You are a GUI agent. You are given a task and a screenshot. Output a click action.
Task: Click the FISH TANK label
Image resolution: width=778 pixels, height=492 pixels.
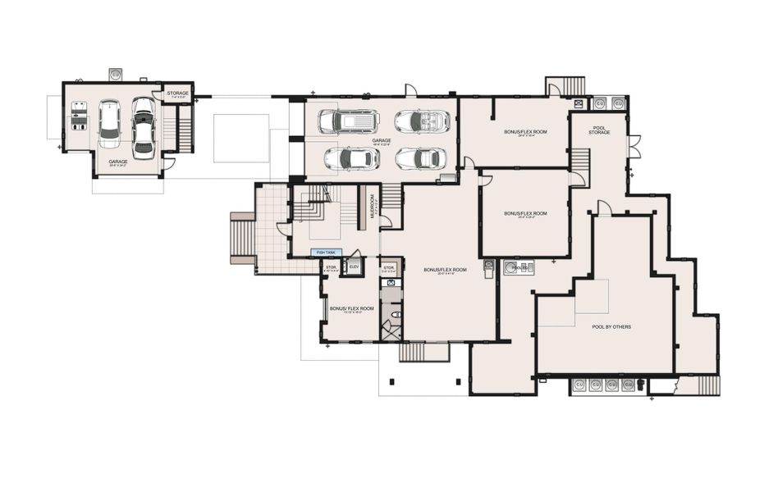click(x=327, y=253)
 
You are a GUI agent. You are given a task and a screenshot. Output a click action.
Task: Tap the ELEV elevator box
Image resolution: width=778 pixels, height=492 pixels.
click(x=355, y=268)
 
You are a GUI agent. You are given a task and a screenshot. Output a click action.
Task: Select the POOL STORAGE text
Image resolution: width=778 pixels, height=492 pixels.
click(x=599, y=130)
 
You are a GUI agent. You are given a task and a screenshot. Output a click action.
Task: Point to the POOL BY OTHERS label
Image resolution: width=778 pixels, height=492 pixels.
click(x=611, y=326)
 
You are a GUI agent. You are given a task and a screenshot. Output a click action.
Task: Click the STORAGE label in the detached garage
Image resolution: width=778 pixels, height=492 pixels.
click(x=177, y=93)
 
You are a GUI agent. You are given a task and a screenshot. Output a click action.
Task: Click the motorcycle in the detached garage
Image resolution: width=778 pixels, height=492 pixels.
click(x=80, y=116)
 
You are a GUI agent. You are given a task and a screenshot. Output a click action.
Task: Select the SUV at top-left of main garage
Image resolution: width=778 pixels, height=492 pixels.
click(x=349, y=121)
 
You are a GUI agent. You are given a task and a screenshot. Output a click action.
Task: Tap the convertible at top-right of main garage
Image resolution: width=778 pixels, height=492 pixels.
click(x=422, y=121)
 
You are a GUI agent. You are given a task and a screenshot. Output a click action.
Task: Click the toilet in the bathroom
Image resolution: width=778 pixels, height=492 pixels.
click(x=396, y=314)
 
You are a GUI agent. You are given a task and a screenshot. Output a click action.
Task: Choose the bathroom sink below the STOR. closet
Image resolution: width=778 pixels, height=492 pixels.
click(x=391, y=283)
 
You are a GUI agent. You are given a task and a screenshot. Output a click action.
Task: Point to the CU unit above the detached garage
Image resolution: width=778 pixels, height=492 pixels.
click(x=116, y=74)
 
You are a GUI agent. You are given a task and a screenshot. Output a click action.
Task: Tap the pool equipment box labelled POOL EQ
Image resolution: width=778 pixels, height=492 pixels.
click(x=518, y=266)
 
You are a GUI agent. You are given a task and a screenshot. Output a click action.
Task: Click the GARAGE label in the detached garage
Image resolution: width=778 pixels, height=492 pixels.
click(x=117, y=162)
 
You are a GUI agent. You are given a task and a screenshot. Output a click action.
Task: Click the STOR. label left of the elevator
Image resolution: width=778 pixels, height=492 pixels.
click(x=331, y=268)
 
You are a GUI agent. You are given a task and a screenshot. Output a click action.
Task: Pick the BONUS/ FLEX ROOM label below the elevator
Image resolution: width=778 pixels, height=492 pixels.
click(x=351, y=309)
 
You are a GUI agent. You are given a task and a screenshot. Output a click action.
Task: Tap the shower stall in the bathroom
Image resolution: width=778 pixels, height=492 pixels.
click(x=391, y=331)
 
